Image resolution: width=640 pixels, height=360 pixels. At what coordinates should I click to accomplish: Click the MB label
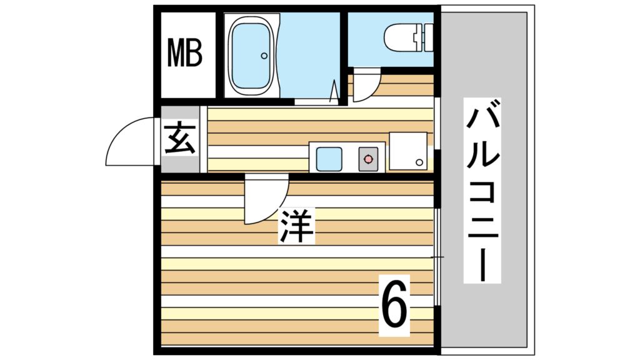tap(185, 52)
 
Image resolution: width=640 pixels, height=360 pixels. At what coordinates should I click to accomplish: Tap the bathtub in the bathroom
tap(251, 56)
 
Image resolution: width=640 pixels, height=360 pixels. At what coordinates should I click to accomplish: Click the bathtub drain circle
tap(264, 56)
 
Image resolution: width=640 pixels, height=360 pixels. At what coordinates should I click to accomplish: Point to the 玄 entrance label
tap(180, 139)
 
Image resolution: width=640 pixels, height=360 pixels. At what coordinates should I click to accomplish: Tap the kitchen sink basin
tap(329, 159)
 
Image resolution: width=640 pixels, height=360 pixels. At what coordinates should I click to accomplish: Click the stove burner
tap(368, 159)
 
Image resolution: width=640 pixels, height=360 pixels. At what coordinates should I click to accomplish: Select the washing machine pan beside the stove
tap(408, 151)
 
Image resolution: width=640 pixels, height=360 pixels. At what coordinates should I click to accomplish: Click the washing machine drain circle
tap(419, 162)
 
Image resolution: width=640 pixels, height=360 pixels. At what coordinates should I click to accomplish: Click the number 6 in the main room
tap(394, 305)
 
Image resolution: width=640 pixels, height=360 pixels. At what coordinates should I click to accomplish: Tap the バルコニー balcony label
tap(482, 190)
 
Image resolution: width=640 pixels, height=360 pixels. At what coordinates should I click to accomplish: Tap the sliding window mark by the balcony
tap(437, 257)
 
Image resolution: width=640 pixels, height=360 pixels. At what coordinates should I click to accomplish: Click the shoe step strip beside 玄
tap(204, 139)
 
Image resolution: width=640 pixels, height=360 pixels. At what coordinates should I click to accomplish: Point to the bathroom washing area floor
tap(309, 55)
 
